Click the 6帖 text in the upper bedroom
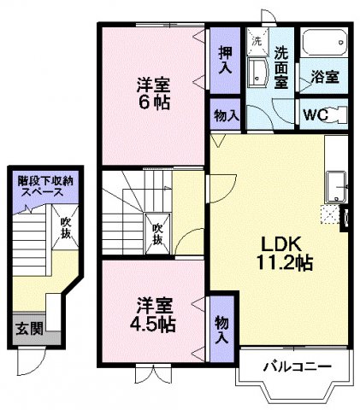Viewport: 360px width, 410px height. click(x=154, y=102)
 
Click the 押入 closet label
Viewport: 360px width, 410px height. click(x=225, y=59)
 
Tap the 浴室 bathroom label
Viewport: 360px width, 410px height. click(x=325, y=76)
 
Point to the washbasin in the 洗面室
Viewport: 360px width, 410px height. click(x=257, y=73)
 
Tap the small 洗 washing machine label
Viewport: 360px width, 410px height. click(x=255, y=39)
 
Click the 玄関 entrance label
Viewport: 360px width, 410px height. click(x=27, y=327)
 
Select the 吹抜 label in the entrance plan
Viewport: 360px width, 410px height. click(x=65, y=227)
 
